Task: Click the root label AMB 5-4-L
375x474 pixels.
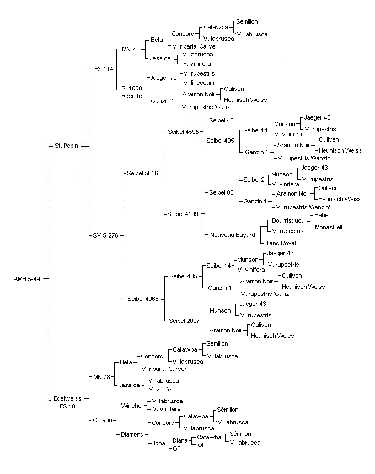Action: [28, 279]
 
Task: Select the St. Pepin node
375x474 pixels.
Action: [66, 146]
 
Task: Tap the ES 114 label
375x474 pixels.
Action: [104, 69]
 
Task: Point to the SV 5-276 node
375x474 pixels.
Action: [105, 235]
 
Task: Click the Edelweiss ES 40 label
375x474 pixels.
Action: [67, 402]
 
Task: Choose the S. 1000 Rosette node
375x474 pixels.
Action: [132, 92]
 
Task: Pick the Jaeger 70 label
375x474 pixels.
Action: [164, 78]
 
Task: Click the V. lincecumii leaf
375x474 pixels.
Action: [200, 83]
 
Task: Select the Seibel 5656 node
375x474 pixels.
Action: [142, 173]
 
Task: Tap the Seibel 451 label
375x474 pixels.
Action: [223, 120]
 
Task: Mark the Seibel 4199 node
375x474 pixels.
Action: [183, 214]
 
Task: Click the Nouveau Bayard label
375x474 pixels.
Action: [233, 235]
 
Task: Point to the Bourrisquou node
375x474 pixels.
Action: [288, 220]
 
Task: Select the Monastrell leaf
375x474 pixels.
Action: [329, 227]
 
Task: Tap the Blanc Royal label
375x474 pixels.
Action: [280, 243]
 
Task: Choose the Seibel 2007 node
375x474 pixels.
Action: [184, 321]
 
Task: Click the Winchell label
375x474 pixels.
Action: [132, 406]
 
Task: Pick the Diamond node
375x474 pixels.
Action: [132, 434]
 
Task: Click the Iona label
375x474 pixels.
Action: [159, 444]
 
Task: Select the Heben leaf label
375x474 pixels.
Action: [323, 216]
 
